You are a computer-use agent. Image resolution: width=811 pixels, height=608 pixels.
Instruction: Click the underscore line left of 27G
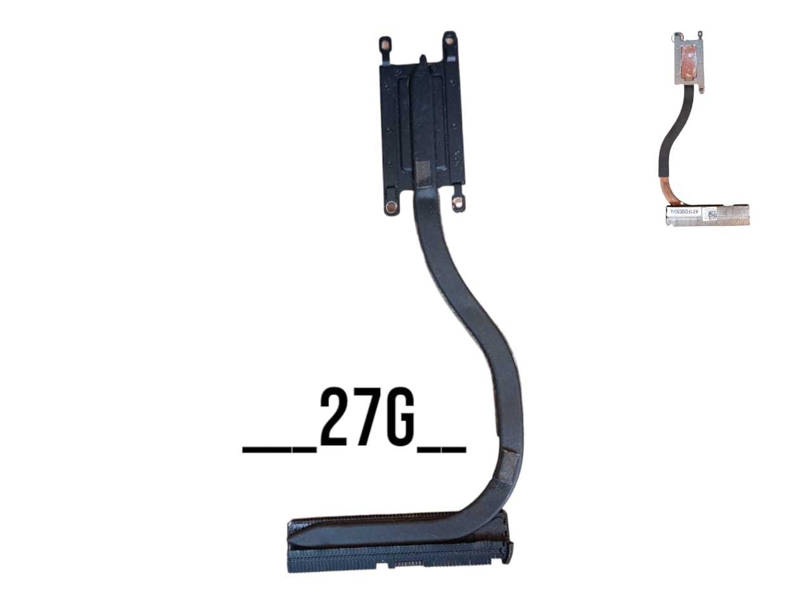pyautogui.click(x=279, y=449)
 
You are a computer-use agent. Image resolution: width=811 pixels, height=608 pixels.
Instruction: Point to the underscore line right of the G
pyautogui.click(x=442, y=449)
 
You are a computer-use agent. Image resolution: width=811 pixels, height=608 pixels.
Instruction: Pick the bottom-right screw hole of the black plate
pyautogui.click(x=456, y=202)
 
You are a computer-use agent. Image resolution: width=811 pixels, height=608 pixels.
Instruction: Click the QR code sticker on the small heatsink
pyautogui.click(x=712, y=213)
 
